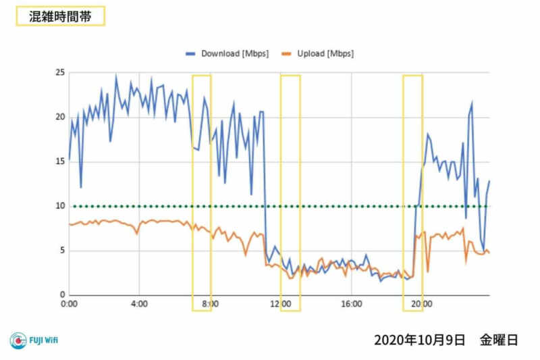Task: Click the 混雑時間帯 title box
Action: coord(59,17)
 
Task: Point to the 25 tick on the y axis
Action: coord(60,72)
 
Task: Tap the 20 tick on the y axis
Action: coord(60,117)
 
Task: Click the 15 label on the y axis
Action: coord(60,161)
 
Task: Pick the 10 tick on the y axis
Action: coord(60,206)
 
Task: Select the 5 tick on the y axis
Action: coord(62,251)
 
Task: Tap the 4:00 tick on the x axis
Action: coord(139,305)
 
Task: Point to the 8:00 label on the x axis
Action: coord(210,305)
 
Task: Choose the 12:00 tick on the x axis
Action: coord(280,305)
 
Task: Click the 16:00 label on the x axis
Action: coord(351,305)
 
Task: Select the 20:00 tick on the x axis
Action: coord(421,305)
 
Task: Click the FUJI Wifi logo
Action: coord(34,340)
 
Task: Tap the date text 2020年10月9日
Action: coord(419,340)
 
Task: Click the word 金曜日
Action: coord(499,340)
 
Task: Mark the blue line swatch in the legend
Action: coord(192,53)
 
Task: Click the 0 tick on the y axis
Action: coord(62,295)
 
